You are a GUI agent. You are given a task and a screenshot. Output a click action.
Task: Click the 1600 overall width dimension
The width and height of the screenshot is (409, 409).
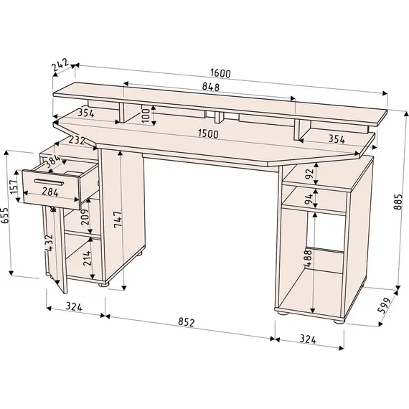221,73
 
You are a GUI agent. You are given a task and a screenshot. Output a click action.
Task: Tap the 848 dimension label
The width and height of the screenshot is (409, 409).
211,87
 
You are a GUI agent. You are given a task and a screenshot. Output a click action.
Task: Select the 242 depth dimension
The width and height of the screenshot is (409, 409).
60,65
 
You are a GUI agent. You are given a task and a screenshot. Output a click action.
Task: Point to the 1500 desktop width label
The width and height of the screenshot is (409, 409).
208,133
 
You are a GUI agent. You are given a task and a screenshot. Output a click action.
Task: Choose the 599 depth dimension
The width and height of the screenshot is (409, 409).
385,305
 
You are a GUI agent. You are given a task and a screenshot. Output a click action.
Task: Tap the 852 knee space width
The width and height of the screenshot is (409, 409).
187,322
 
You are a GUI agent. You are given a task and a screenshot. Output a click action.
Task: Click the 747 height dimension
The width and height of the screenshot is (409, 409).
118,220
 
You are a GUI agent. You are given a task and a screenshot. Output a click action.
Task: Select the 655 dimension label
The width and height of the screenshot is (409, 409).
5,215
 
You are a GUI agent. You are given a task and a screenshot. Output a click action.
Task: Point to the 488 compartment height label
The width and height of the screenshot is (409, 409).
308,258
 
